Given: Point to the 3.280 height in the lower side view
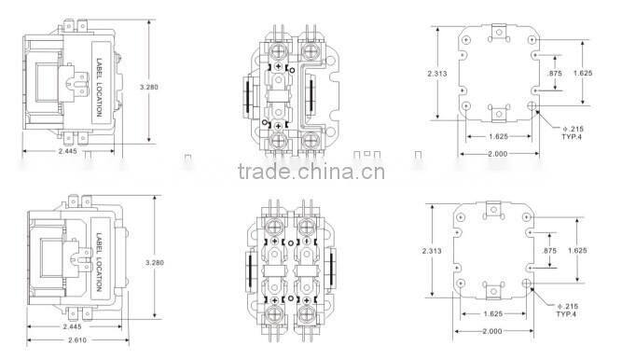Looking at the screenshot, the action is pyautogui.click(x=156, y=262).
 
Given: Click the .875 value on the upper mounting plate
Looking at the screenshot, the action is pyautogui.click(x=556, y=73).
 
